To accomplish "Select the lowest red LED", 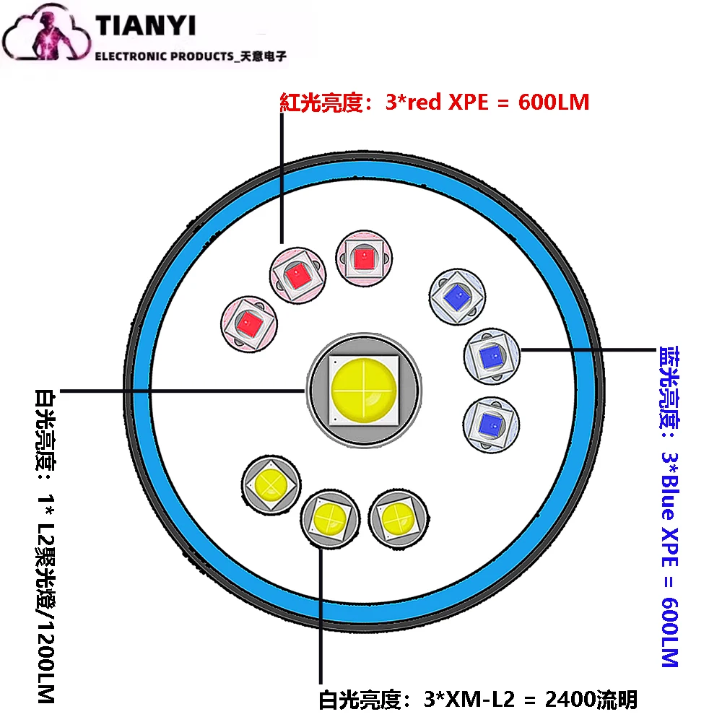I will pyautogui.click(x=249, y=323).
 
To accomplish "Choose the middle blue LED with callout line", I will pyautogui.click(x=490, y=354).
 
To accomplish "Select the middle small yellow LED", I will pyautogui.click(x=329, y=518).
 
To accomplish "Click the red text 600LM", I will pyautogui.click(x=553, y=103).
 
